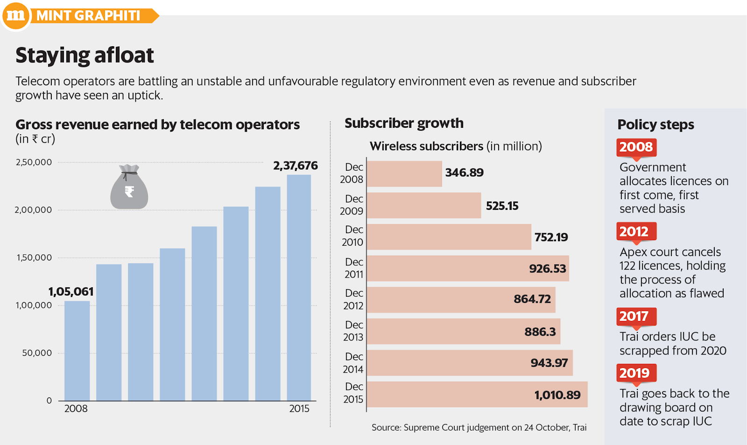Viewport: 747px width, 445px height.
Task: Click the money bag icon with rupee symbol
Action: pos(129,188)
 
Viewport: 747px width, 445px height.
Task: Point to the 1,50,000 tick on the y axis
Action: pos(35,257)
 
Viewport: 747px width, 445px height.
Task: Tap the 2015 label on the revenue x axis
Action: pos(299,409)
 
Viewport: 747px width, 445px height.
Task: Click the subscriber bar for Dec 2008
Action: pos(404,174)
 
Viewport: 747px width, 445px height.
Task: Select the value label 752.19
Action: pos(551,237)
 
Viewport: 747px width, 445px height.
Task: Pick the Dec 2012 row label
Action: pos(353,299)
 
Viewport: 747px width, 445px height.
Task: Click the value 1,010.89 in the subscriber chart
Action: pos(557,395)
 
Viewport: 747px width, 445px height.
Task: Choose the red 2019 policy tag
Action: pos(634,373)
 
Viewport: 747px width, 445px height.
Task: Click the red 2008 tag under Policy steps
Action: pos(636,147)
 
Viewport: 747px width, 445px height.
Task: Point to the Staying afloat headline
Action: pos(85,56)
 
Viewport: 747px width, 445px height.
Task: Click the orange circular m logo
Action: pos(16,15)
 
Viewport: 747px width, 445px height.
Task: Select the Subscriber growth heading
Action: pos(404,123)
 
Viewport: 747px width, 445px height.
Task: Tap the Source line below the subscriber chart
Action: pos(479,427)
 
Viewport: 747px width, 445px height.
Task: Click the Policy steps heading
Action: pos(655,125)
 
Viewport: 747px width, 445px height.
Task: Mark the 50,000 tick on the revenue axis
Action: pos(37,353)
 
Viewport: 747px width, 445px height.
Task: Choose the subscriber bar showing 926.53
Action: pos(468,268)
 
